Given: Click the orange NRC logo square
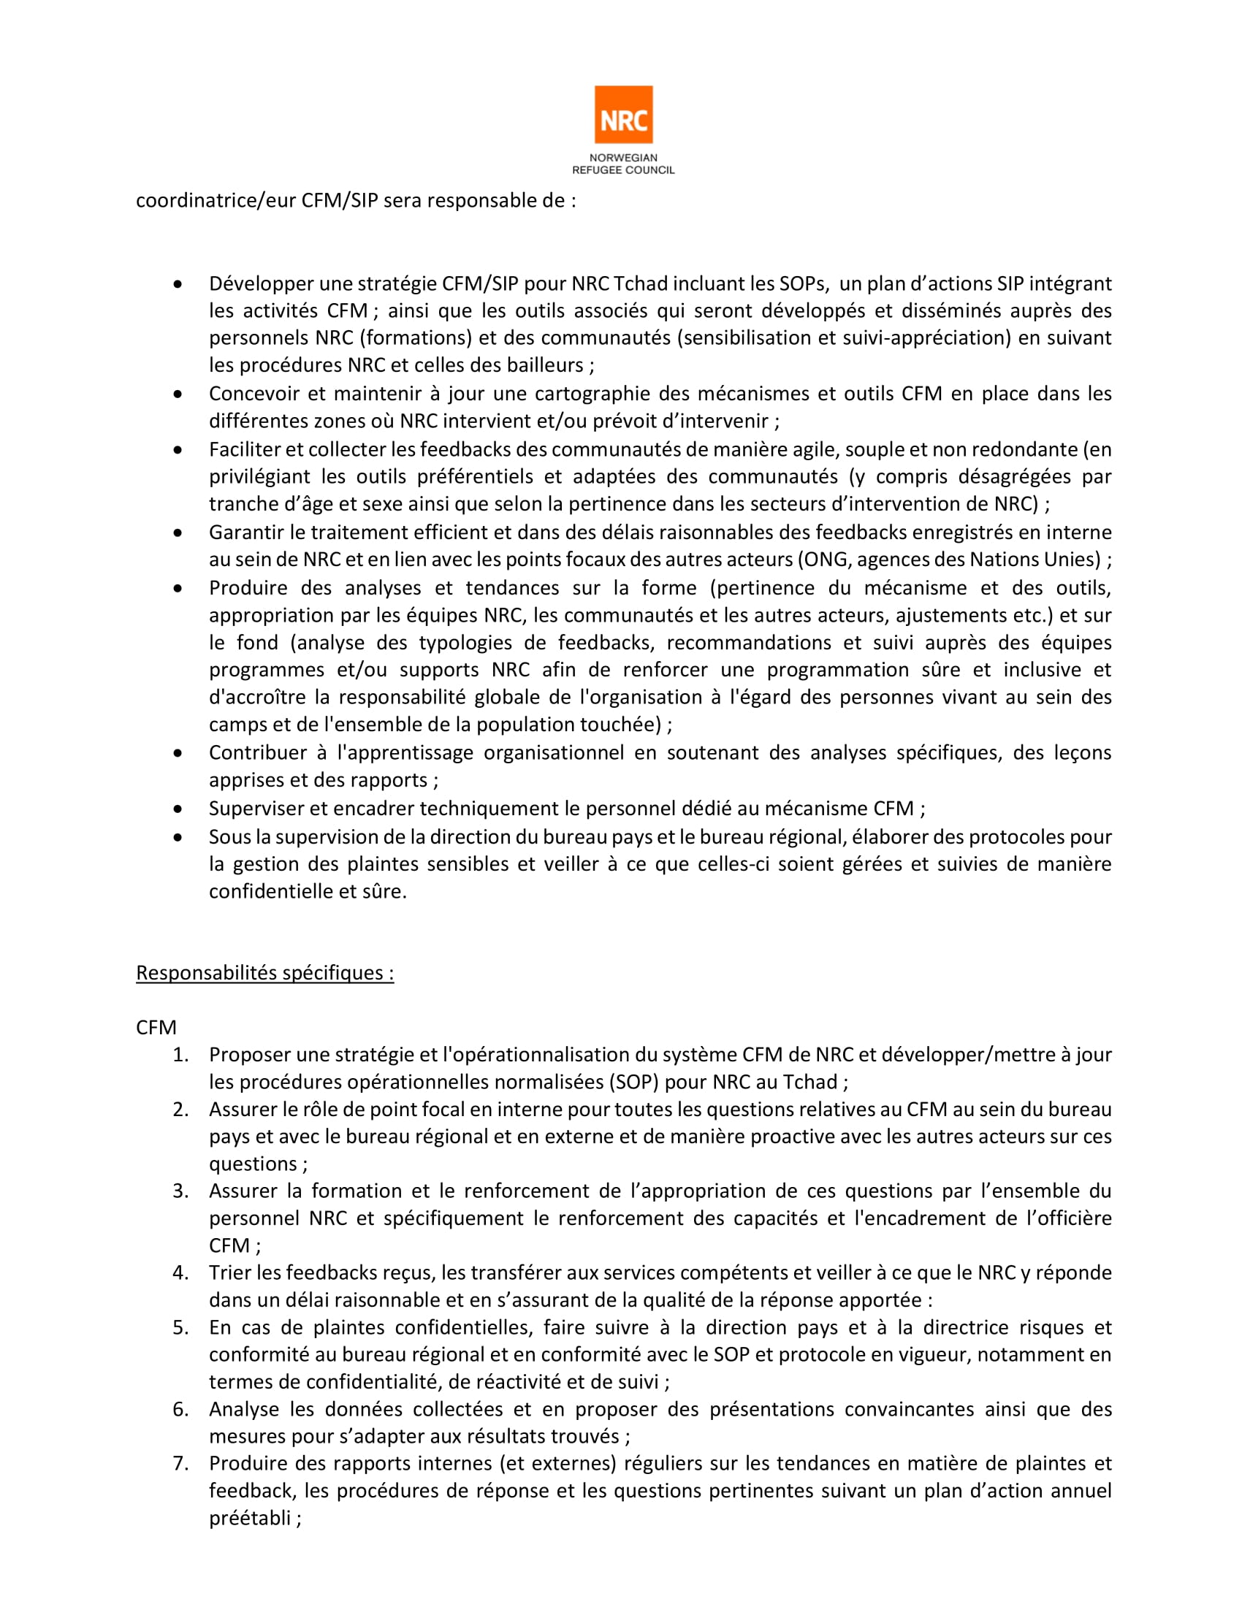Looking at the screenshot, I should tap(623, 115).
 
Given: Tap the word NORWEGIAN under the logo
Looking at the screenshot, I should tap(623, 158).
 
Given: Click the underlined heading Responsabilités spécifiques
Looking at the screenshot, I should tap(265, 973).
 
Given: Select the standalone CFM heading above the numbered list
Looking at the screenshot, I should tap(156, 1027).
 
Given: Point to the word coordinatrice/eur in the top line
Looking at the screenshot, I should tap(216, 201).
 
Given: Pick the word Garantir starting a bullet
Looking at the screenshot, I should tap(242, 532).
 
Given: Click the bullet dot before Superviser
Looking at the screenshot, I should tap(178, 809).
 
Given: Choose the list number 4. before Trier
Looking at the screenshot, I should tap(181, 1272).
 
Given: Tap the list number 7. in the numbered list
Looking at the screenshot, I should tap(181, 1464).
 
